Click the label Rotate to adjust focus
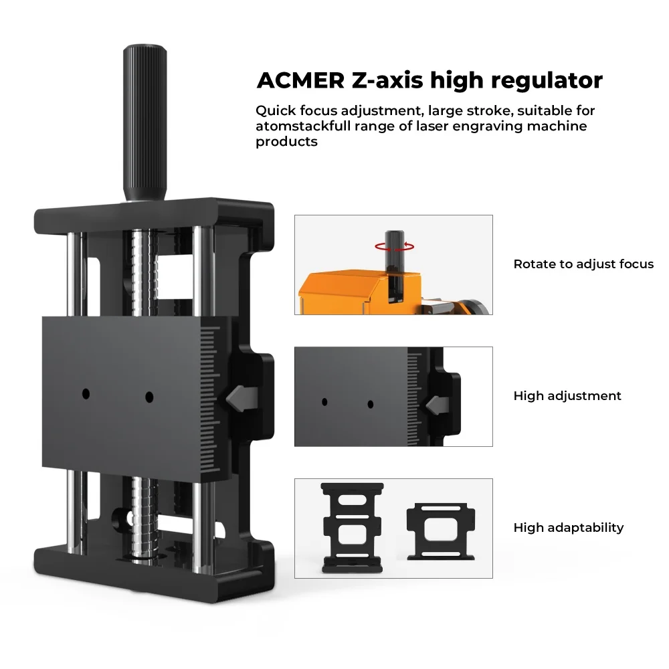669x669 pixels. [583, 264]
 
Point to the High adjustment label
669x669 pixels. [567, 396]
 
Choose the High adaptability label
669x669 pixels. [568, 528]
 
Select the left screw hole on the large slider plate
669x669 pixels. [86, 395]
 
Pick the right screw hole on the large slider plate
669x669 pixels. [149, 397]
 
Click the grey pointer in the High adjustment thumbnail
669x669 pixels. [435, 403]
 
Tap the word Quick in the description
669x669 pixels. [277, 110]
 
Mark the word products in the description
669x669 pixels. [286, 142]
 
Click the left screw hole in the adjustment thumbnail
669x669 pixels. [324, 403]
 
